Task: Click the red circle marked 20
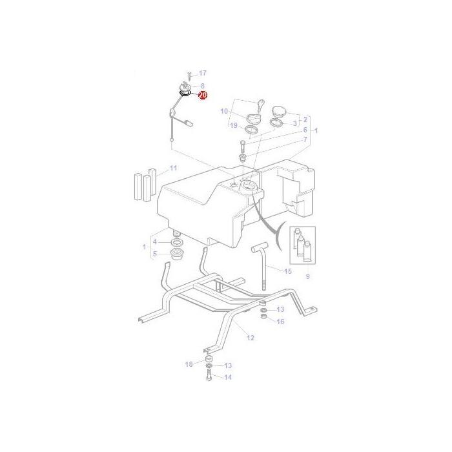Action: [x=203, y=96]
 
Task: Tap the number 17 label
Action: [x=202, y=73]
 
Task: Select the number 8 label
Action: [x=202, y=86]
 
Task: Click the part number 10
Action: [x=224, y=111]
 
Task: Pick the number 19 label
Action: [x=234, y=125]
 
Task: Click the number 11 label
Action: [x=173, y=169]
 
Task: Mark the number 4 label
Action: [x=154, y=242]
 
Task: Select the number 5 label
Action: [x=154, y=253]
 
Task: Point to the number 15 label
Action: [x=288, y=271]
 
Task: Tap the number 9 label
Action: [x=307, y=276]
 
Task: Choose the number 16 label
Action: [x=280, y=321]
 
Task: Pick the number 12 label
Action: [x=251, y=337]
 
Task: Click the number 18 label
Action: [x=189, y=364]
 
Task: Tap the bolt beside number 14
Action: [x=210, y=375]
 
